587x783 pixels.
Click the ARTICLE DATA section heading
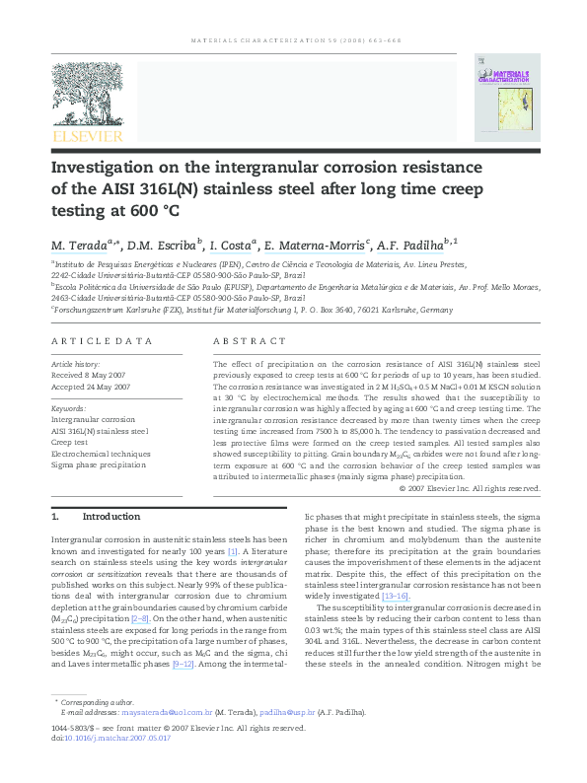coord(103,341)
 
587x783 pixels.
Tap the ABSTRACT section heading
coord(242,341)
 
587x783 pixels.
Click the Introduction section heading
coord(111,516)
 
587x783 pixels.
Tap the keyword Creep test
coord(75,442)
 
